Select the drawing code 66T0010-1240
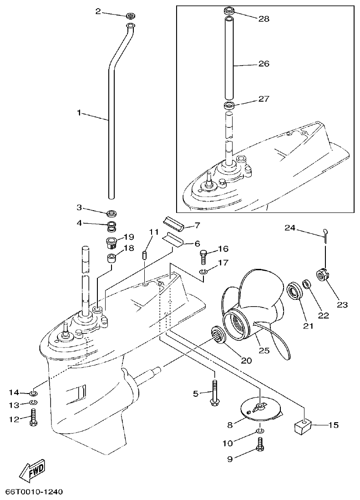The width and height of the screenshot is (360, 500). pyautogui.click(x=34, y=492)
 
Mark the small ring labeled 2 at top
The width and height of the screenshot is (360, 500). pyautogui.click(x=130, y=16)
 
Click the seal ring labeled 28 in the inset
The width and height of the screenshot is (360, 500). pyautogui.click(x=228, y=10)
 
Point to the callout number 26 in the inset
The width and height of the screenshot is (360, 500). pyautogui.click(x=264, y=64)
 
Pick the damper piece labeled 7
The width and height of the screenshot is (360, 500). pyautogui.click(x=174, y=222)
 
